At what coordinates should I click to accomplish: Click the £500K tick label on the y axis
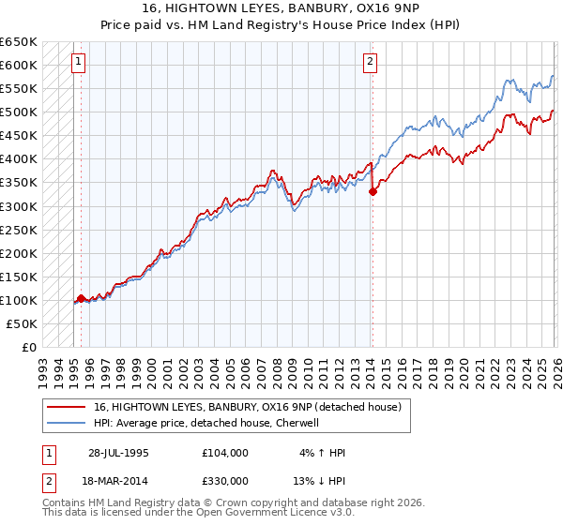[18, 112]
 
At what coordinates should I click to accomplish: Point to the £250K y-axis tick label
[18, 230]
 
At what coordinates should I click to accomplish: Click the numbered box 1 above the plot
[77, 63]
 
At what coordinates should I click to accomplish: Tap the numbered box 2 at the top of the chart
[371, 63]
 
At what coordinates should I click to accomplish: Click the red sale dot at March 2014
[373, 192]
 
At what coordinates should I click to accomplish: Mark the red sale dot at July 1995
[82, 298]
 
